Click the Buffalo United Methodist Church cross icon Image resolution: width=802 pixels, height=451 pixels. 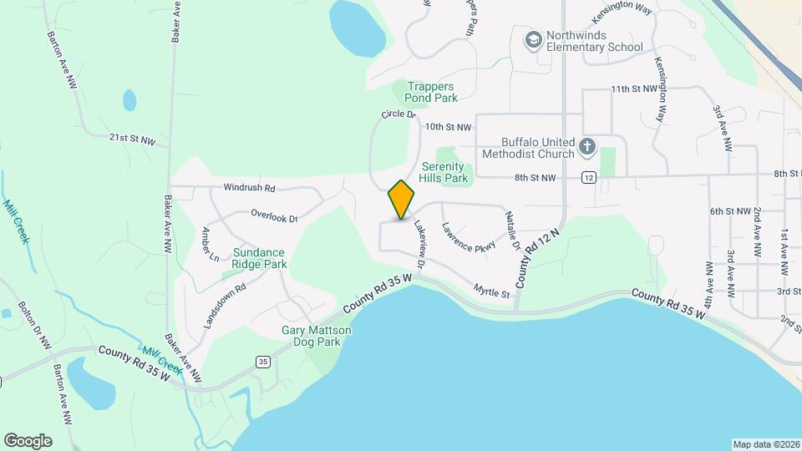click(587, 147)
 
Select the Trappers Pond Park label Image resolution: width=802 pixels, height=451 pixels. click(432, 92)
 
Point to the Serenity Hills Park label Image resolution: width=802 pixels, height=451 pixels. click(444, 172)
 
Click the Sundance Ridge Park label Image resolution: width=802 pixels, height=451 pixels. click(260, 258)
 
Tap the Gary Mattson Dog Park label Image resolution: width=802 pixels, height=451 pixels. click(317, 336)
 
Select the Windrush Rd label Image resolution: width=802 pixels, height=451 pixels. click(249, 189)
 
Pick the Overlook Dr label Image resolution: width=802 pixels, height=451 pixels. click(275, 215)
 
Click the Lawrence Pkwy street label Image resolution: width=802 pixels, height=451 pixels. click(469, 236)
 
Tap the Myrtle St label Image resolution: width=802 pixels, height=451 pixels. click(492, 292)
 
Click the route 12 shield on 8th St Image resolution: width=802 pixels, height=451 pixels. click(589, 177)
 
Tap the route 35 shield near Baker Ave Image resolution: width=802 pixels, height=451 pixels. click(263, 361)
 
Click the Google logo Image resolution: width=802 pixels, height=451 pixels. click(28, 441)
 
